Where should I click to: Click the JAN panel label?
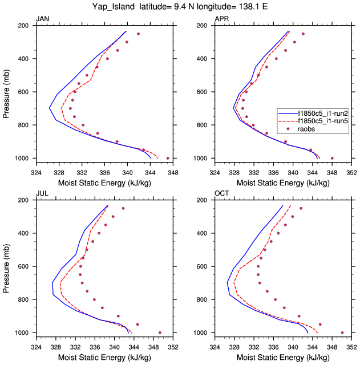tap(42, 19)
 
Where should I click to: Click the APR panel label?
tap(221, 19)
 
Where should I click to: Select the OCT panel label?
tap(221, 194)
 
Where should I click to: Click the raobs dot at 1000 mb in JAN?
tap(168, 158)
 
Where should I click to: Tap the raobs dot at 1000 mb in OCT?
tap(342, 332)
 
